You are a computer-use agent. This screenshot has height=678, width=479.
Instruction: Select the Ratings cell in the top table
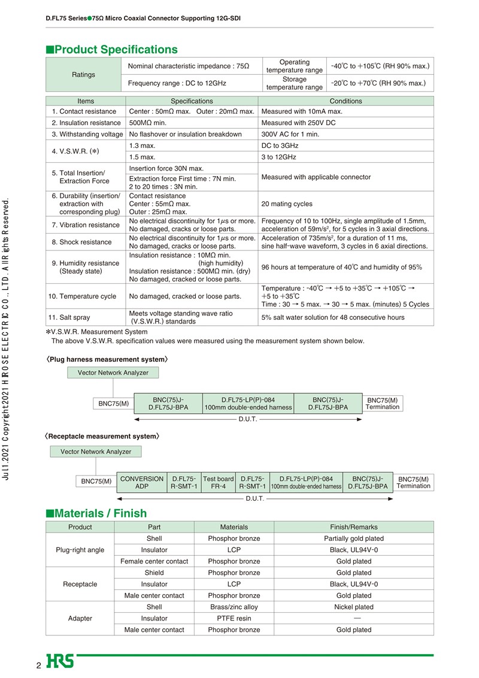[x=83, y=75]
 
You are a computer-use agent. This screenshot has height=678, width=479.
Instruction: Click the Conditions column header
[x=345, y=101]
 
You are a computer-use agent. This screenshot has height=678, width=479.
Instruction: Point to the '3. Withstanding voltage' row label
[x=87, y=134]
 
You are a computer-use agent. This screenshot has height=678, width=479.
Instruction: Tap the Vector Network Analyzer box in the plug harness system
[x=113, y=373]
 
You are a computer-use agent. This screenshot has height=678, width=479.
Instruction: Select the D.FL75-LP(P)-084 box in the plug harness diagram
[x=248, y=403]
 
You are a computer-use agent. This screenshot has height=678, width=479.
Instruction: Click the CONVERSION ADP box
[x=142, y=483]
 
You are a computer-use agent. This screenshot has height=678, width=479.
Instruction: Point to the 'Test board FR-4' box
[x=218, y=483]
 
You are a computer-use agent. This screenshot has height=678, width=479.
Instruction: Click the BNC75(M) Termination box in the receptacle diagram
[x=413, y=482]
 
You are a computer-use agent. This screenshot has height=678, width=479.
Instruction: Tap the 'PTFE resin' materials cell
[x=234, y=618]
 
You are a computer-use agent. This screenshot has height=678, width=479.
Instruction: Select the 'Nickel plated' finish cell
[x=353, y=607]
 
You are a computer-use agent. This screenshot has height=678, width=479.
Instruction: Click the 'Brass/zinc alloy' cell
[x=234, y=607]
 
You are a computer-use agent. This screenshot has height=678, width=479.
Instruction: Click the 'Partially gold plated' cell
[x=353, y=538]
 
